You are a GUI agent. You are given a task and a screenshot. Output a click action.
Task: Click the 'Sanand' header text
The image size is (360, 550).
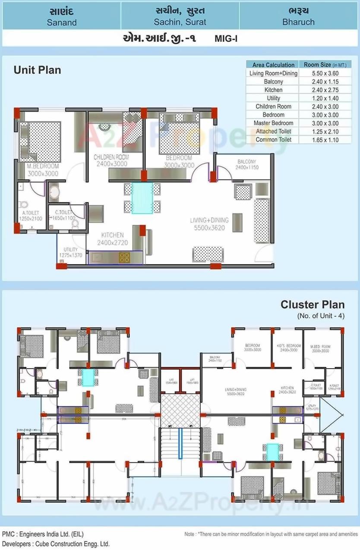[x=61, y=22]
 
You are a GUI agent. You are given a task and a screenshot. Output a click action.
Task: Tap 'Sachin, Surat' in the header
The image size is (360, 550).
[x=180, y=22]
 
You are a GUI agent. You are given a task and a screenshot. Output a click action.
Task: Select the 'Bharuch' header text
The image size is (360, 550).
[x=298, y=22]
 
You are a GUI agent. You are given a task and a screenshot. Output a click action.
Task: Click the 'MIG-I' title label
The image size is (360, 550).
[x=226, y=38]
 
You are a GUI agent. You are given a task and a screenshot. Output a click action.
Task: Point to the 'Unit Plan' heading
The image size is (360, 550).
[x=37, y=70]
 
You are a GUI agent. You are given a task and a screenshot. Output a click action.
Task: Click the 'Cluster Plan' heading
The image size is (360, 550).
[x=313, y=304]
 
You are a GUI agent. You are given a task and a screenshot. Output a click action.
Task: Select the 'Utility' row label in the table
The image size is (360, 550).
[x=273, y=98]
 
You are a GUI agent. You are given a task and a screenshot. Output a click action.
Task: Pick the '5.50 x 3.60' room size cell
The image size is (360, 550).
[x=324, y=73]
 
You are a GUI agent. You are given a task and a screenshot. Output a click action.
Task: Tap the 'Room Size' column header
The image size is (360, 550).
[x=325, y=65]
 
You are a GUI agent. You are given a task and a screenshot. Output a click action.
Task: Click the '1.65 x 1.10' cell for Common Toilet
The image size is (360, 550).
[x=324, y=140]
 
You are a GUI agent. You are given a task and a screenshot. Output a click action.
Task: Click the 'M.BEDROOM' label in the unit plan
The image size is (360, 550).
[x=43, y=166]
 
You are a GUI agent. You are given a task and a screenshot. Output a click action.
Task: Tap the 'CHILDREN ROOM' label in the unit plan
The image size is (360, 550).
[x=111, y=158]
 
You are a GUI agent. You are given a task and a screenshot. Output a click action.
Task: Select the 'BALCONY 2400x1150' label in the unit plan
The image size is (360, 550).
[x=246, y=164]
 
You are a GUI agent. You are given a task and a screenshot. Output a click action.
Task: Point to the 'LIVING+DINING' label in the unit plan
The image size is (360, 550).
[x=209, y=221]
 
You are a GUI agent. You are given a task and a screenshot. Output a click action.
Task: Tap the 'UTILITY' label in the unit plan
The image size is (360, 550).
[x=70, y=250]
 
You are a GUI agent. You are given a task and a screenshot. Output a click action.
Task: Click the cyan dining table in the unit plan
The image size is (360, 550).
[x=142, y=198]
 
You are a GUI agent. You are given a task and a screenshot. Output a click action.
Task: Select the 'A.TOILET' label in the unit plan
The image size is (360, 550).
[x=30, y=213]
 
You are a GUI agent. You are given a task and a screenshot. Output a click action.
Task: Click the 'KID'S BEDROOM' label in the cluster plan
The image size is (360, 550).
[x=288, y=346]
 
